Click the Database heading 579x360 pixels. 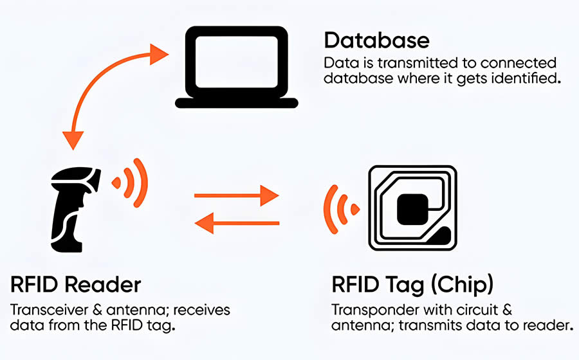pos(376,40)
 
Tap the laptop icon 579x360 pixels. pos(237,68)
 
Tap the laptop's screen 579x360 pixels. pos(237,61)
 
